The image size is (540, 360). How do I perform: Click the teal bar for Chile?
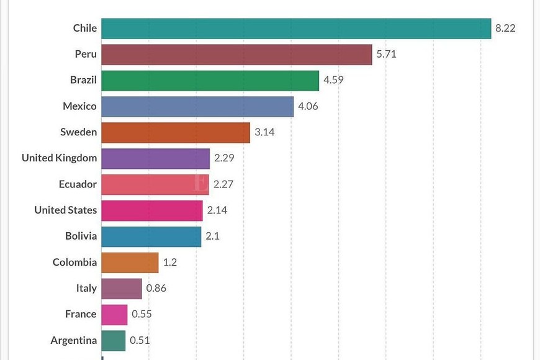pos(296,29)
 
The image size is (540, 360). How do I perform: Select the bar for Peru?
pos(236,55)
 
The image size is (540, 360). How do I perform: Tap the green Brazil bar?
pos(210,81)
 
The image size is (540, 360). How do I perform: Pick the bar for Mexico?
pos(197,107)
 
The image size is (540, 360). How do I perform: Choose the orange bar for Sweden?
pos(176,133)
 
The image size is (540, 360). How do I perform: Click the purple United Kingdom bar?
pos(155,159)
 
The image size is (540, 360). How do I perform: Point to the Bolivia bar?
pos(151,236)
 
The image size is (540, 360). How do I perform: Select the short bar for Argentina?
pos(113,340)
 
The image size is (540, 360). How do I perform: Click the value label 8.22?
pos(505,29)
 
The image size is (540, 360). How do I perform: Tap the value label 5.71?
pos(386,55)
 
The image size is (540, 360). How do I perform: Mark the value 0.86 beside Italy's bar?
pos(156,289)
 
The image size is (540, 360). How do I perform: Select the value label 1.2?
pos(169,263)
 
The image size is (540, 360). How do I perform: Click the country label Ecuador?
pos(78,184)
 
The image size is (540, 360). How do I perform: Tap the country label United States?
pos(66,210)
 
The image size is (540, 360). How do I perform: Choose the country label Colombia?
pos(74,263)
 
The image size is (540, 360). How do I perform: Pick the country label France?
pos(81,314)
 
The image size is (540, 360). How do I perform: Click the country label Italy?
pos(86,289)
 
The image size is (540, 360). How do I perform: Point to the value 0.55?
pos(142,314)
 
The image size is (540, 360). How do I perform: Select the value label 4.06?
pos(308,107)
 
